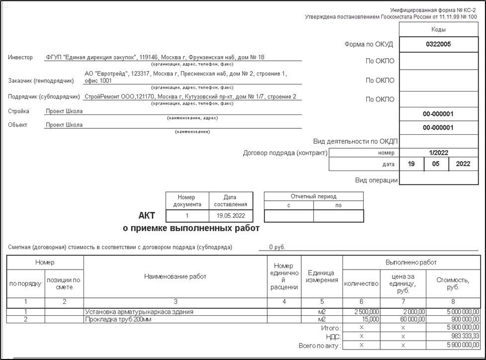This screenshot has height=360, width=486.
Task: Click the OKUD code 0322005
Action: coord(438,44)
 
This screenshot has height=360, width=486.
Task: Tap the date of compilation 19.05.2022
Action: coord(231,216)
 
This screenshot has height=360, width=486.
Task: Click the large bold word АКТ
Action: coord(147,216)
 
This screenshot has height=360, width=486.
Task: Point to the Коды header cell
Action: coord(438,30)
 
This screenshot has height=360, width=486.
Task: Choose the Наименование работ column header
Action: coord(175,276)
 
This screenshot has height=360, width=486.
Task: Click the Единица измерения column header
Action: coord(322,276)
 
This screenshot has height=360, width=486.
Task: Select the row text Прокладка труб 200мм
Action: coord(118,320)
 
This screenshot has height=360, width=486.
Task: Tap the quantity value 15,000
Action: coord(370,320)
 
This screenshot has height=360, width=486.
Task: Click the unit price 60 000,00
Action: coord(409,320)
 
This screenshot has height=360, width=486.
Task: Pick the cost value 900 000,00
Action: coord(463,320)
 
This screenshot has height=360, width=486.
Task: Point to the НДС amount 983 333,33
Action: coord(463,337)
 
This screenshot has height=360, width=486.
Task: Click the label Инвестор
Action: coord(20,57)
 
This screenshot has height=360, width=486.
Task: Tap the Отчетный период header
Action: coord(314,196)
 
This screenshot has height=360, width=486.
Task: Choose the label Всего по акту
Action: coord(320,345)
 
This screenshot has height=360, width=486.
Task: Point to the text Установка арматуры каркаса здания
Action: coord(139,312)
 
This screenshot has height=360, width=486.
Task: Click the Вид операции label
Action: coord(376,180)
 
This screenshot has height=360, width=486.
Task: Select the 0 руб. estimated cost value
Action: coord(277,247)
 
